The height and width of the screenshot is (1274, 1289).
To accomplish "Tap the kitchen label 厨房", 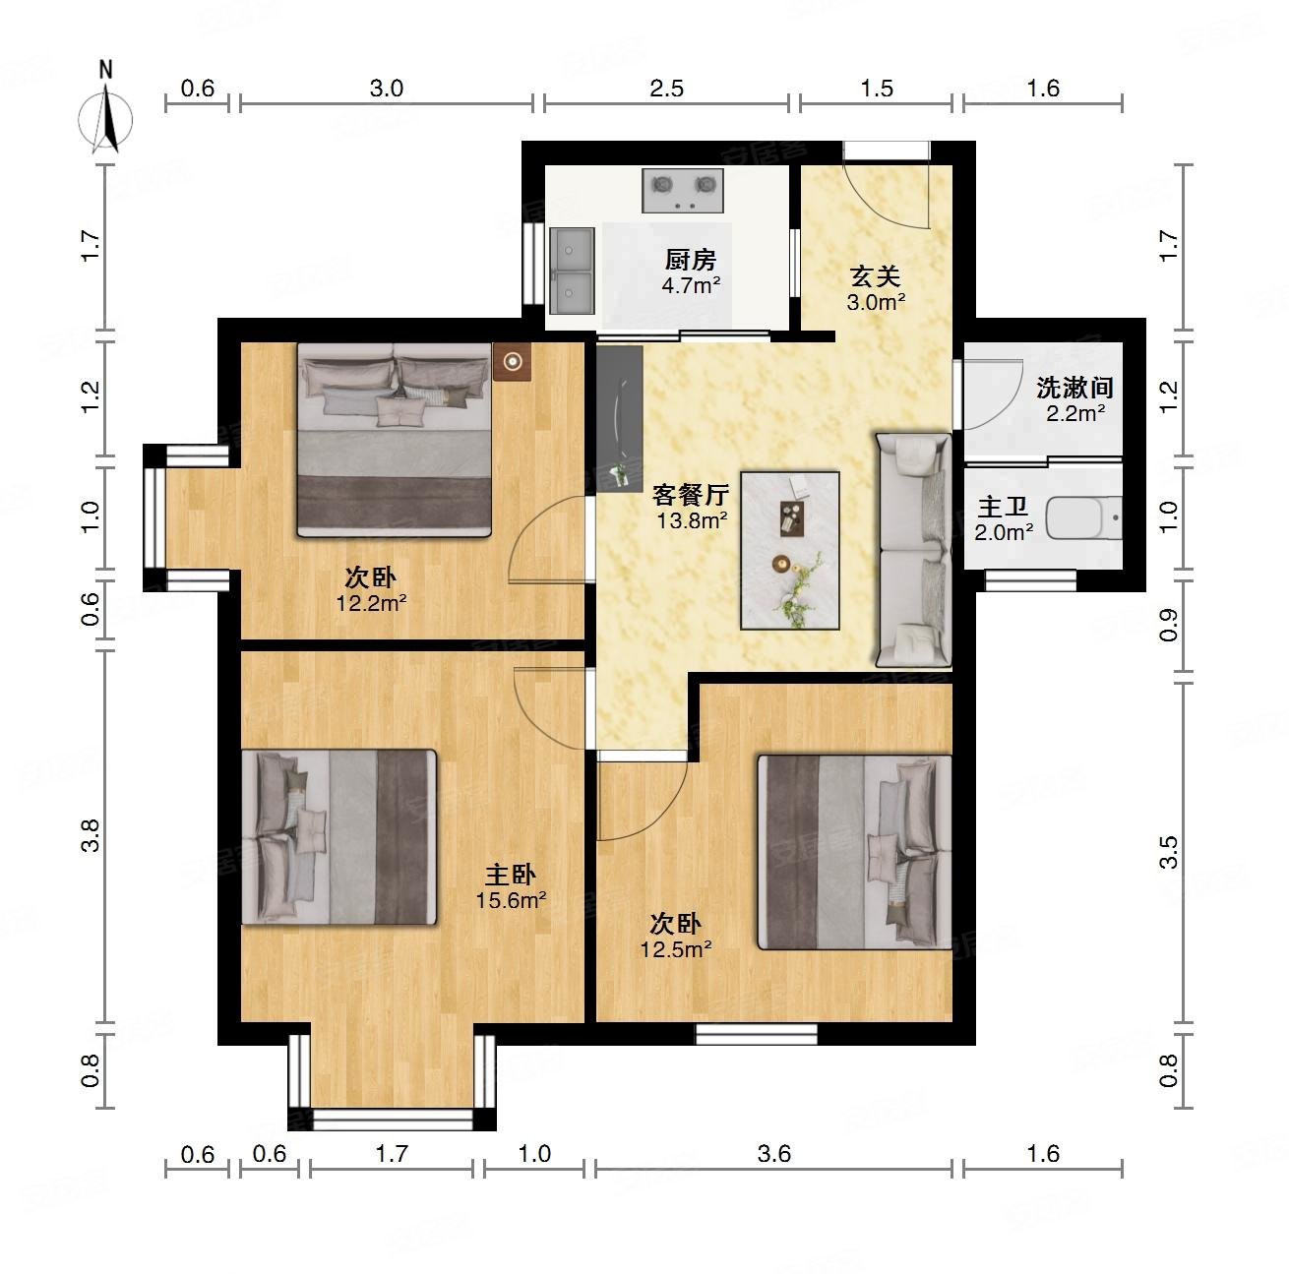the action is click(x=691, y=260).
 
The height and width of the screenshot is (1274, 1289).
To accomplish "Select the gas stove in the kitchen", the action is click(x=682, y=190).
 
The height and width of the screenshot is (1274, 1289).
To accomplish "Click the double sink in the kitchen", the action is click(x=572, y=271).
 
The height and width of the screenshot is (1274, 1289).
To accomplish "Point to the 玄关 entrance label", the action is click(x=875, y=276).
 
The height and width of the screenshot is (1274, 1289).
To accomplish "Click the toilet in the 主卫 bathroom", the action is click(x=1083, y=517).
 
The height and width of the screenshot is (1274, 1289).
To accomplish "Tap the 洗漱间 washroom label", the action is click(x=1074, y=388).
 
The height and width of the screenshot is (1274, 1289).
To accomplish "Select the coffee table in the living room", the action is click(x=790, y=550).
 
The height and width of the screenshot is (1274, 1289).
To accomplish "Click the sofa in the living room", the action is click(x=914, y=550).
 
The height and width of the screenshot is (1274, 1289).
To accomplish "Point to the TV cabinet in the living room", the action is click(x=620, y=419).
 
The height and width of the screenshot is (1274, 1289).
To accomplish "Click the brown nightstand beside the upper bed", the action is click(x=513, y=362).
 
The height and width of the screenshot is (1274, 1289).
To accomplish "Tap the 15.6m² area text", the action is click(x=511, y=900).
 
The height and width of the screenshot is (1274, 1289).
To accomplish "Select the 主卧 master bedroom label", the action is click(x=511, y=875).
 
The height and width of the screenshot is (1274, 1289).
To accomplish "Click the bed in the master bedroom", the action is click(x=339, y=837).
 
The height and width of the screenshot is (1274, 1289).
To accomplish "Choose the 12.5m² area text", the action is click(x=676, y=948).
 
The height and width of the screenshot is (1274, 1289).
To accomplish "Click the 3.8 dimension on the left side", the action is click(x=90, y=836).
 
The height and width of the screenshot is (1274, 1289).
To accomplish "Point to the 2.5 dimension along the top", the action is click(x=666, y=89).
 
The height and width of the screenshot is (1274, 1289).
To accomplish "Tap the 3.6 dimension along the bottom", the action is click(x=774, y=1153).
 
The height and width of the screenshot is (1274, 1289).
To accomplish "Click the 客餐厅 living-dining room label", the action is click(x=691, y=495).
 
